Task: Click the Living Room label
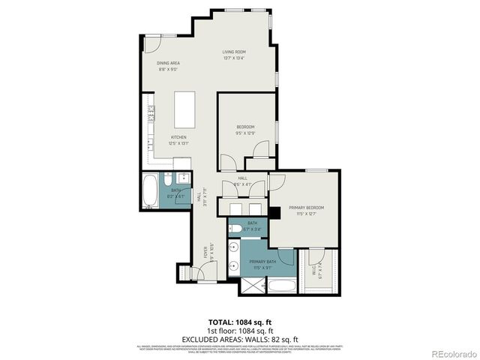click(233, 52)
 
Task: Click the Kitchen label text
click(178, 137)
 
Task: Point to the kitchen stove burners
click(151, 114)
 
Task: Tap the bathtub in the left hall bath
click(150, 192)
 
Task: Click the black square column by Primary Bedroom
click(275, 213)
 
